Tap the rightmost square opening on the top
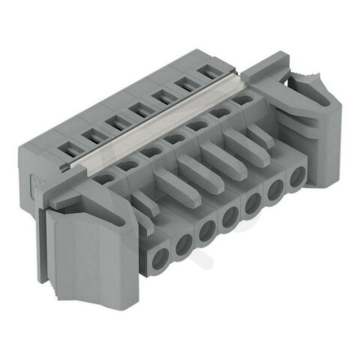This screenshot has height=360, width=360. [206, 73]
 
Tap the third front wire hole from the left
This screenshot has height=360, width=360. [205, 230]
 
